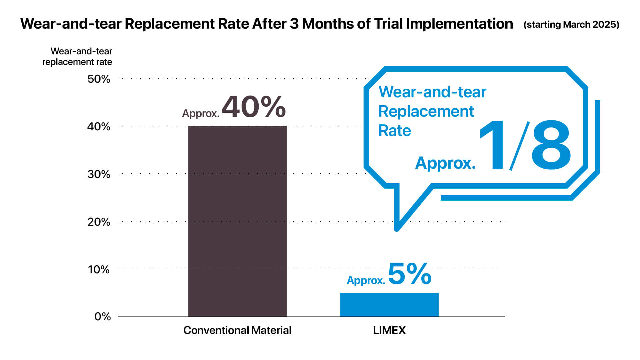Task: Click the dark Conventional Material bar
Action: pos(237,221)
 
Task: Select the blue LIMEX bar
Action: pos(389,305)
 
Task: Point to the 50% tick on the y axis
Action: pos(99,79)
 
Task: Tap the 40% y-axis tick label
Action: pos(99,127)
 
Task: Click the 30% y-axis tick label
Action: pos(99,174)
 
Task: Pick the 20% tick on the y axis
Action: pos(99,222)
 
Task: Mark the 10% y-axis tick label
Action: pos(99,270)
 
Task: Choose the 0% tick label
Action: pos(103,317)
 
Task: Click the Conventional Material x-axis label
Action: pos(237,330)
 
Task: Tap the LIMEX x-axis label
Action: pos(389,330)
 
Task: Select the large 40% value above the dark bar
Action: pos(254,107)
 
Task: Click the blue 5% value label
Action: pos(410,274)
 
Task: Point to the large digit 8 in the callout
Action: pos(551,145)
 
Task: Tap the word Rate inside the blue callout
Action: pos(395,131)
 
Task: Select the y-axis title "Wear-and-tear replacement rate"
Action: pos(77,57)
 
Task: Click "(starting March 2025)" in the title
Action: pos(571,25)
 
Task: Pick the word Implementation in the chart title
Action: pos(459,24)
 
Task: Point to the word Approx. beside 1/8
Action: pos(445,163)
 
